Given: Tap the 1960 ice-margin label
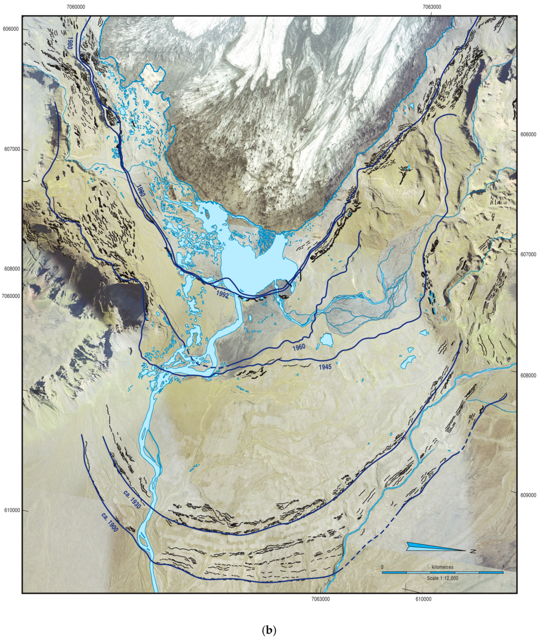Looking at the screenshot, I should tap(299, 348).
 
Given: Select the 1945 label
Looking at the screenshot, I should tap(325, 367).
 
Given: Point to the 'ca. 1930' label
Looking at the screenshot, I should tap(132, 499).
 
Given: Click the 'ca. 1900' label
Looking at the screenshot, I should tap(110, 522).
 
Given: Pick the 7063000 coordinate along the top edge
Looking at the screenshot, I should tap(432, 7).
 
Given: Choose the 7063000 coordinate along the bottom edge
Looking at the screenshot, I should tap(320, 599).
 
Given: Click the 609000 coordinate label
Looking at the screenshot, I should tap(528, 495).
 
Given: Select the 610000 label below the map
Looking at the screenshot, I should tap(423, 599).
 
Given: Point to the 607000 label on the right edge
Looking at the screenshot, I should tap(528, 254).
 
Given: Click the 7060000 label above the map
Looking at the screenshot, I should tap(76, 7).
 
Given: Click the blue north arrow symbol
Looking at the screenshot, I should tap(436, 547).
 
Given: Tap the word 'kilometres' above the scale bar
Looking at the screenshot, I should tap(443, 567).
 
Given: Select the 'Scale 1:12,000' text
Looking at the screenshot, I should tap(443, 578).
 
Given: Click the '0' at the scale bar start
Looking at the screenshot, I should tap(382, 567).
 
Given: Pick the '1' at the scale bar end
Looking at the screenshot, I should tap(503, 567).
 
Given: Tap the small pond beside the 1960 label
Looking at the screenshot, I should tap(326, 340).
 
